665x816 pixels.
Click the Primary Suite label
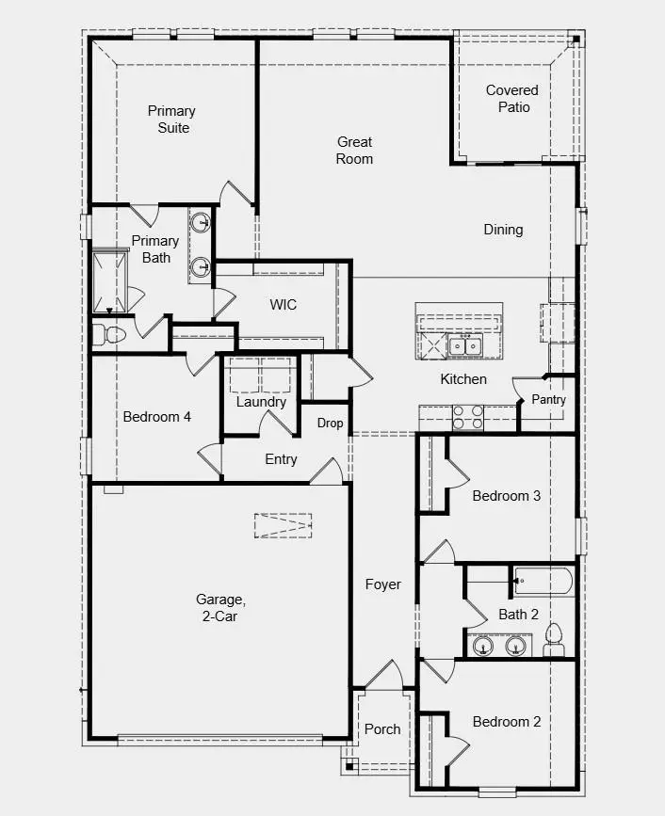coord(172,120)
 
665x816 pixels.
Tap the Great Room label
coord(355,151)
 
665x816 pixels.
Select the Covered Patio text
coord(512,99)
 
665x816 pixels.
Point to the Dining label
coord(503,230)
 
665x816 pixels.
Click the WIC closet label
coord(284,305)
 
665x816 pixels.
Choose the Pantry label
coord(548,400)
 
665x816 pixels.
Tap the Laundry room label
coord(261,402)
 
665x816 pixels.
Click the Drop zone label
coord(330,424)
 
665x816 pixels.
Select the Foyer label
coord(383,584)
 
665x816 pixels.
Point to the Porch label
coord(382,728)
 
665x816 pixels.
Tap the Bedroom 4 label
coord(157,416)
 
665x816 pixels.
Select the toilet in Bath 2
coord(554,638)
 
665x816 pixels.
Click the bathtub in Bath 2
coord(543,581)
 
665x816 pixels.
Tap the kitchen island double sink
coord(464,346)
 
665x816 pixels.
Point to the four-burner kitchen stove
coord(468,417)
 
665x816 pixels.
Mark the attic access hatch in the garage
coord(283,526)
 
